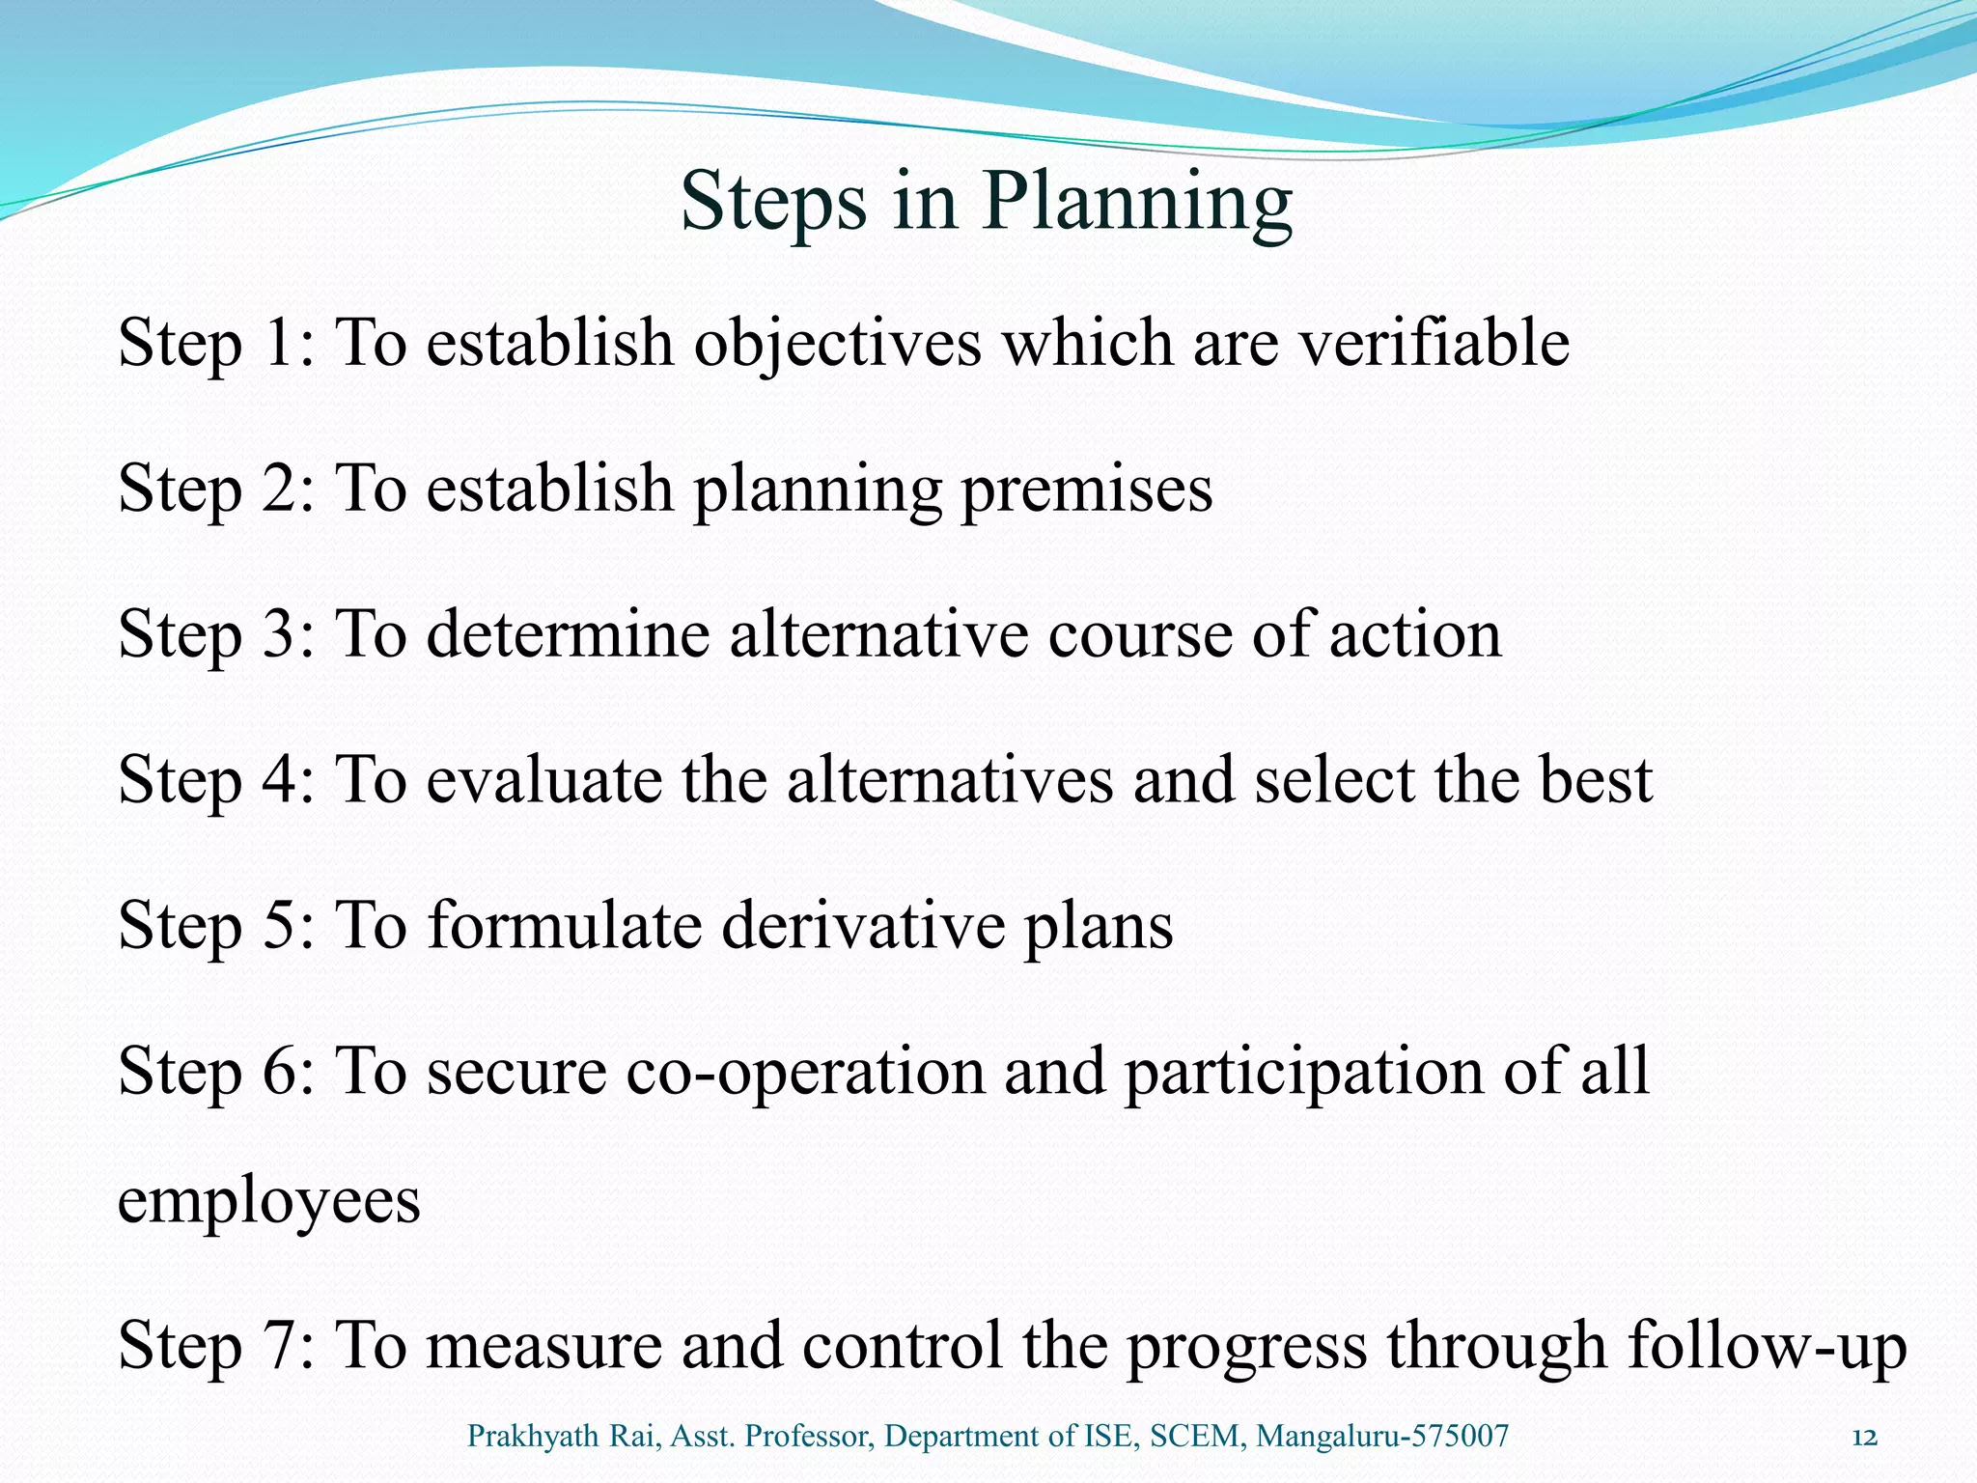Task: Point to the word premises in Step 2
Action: tap(1086, 490)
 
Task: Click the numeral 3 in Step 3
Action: tap(278, 635)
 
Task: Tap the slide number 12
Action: tap(1865, 1438)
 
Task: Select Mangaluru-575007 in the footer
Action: tap(1382, 1438)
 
